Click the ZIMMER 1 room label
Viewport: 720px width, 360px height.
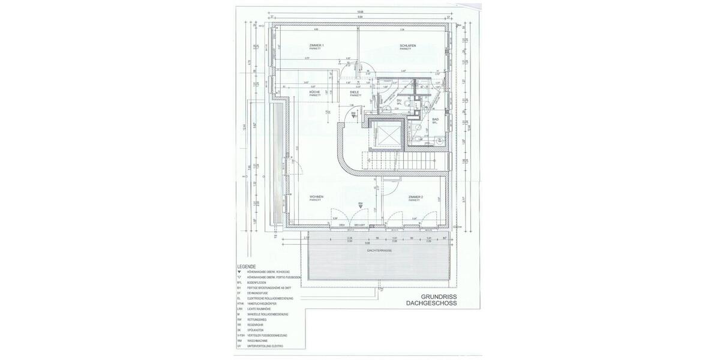(316, 46)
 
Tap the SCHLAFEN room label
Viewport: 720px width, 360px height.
(408, 46)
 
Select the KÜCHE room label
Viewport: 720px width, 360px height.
(314, 92)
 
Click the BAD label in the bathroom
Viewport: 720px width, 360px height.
(436, 119)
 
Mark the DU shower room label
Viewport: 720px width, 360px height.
(407, 100)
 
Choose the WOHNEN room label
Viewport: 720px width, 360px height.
(316, 197)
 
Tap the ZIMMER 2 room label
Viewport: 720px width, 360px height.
(416, 197)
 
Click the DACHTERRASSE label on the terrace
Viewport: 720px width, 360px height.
(380, 250)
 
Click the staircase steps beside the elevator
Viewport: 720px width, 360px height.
(398, 160)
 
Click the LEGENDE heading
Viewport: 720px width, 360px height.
(247, 266)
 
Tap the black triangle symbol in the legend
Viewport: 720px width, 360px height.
(239, 272)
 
